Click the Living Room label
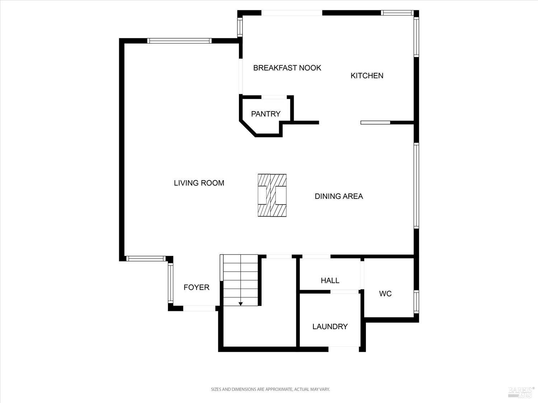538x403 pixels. tap(199, 183)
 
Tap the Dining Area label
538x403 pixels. tap(339, 196)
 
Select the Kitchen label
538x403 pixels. tap(367, 76)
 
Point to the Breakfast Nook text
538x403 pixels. tap(287, 68)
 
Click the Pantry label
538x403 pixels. tap(265, 114)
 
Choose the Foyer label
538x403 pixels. tap(196, 287)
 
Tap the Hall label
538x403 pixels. tap(330, 280)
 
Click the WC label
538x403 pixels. tap(385, 294)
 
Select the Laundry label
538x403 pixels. tap(330, 327)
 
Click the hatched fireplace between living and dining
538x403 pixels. tap(272, 195)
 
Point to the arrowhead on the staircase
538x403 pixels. tap(241, 304)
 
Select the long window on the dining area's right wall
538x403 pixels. tap(416, 186)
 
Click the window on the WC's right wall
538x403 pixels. tap(416, 302)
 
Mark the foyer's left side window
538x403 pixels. tap(170, 283)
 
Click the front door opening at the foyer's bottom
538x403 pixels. tap(199, 308)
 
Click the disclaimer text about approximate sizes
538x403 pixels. tap(270, 389)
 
